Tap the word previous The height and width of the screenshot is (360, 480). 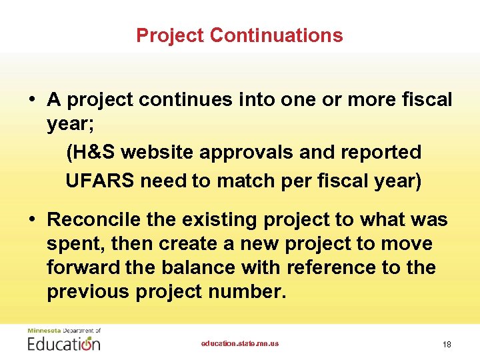[87, 291]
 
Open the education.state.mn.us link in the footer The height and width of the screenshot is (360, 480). [240, 343]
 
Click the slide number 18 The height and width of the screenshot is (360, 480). [447, 344]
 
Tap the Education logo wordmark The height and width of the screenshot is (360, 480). [64, 344]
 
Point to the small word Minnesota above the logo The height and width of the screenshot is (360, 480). [43, 331]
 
